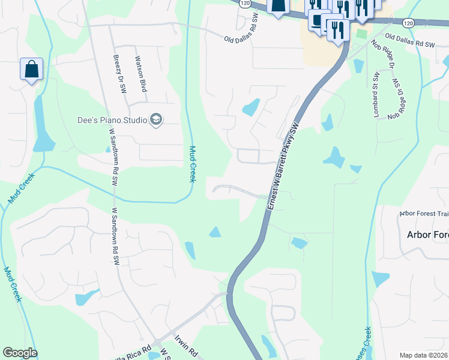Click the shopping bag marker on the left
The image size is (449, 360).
pyautogui.click(x=31, y=69)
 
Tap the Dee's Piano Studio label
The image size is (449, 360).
pyautogui.click(x=112, y=120)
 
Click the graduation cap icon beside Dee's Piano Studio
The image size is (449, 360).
pyautogui.click(x=156, y=119)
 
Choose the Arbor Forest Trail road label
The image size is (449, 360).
pyautogui.click(x=424, y=214)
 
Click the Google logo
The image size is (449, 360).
pyautogui.click(x=20, y=353)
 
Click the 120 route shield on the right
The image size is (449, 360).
pyautogui.click(x=408, y=23)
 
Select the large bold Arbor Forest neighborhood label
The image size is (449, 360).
pyautogui.click(x=427, y=235)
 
